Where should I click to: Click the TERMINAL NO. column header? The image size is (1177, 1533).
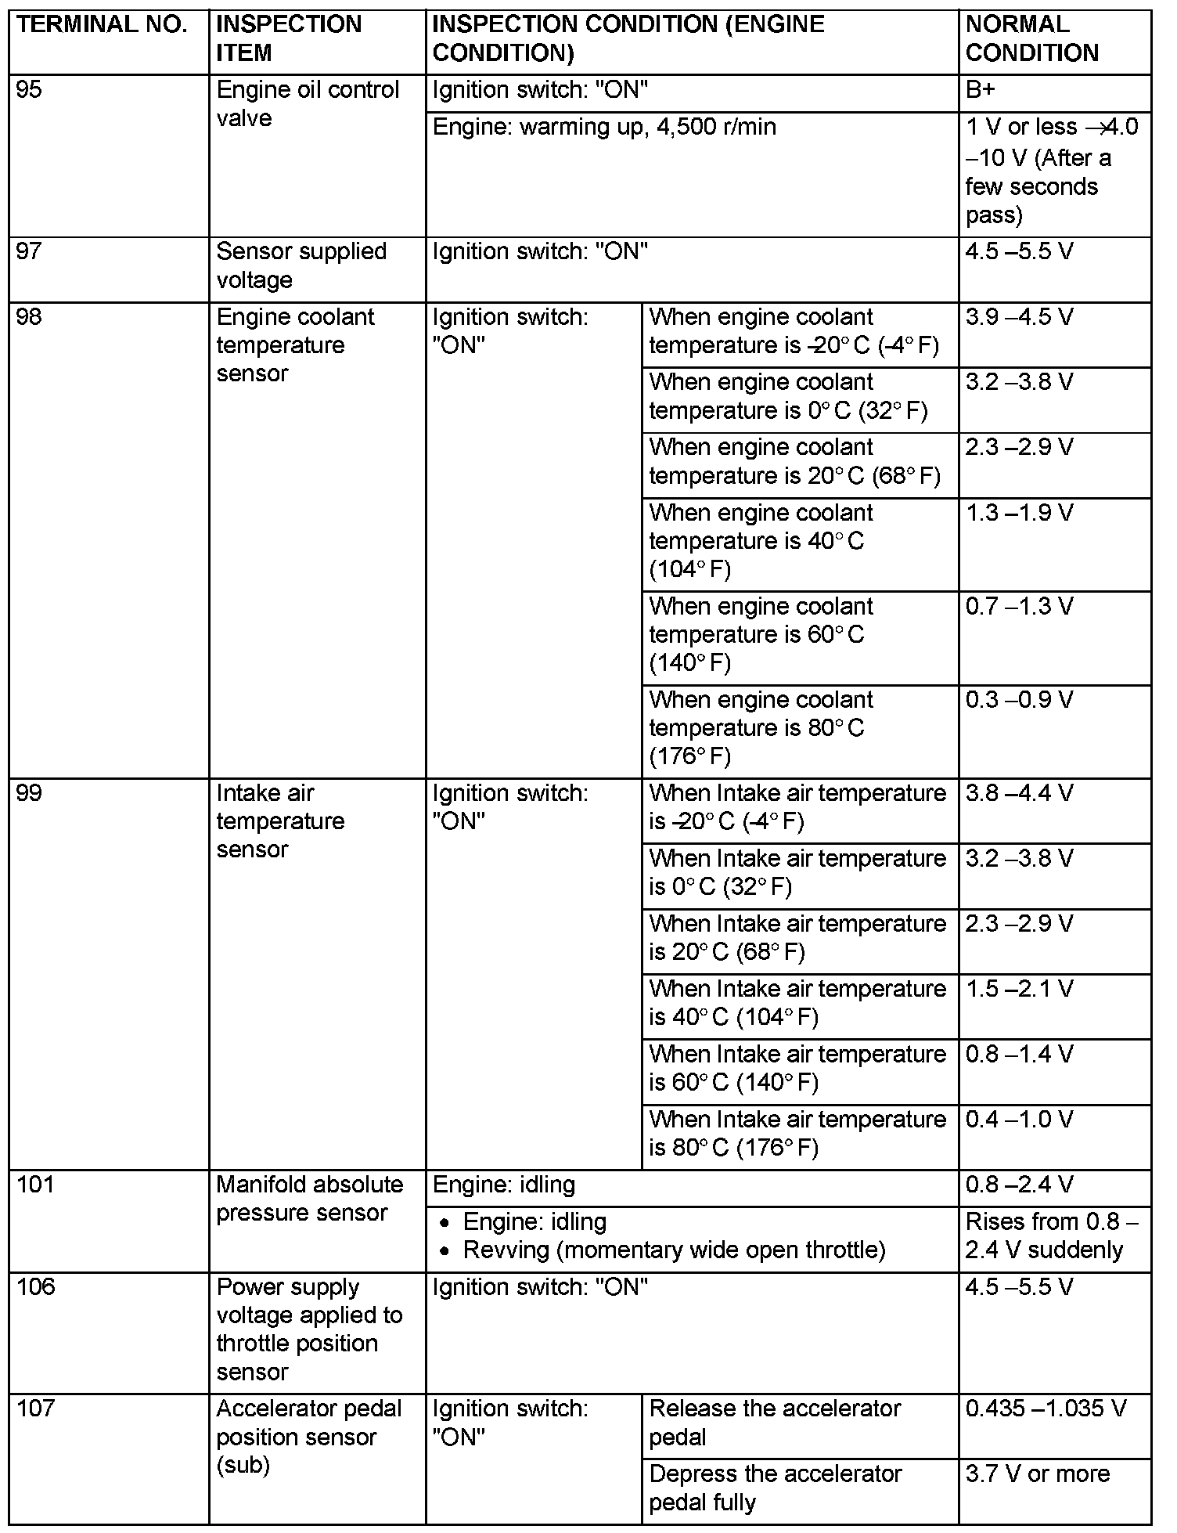(102, 25)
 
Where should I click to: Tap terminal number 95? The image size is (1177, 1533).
(30, 90)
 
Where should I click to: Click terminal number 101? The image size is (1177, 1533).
(36, 1184)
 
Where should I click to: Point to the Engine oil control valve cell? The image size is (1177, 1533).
(308, 104)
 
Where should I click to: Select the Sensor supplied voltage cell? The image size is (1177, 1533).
(301, 265)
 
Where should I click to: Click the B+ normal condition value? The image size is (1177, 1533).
(981, 90)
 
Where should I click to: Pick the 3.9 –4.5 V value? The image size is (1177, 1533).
(1019, 317)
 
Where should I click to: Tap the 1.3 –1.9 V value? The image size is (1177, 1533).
(1019, 513)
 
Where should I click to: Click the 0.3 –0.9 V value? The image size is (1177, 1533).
(1019, 700)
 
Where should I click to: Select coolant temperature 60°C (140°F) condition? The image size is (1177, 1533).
(761, 635)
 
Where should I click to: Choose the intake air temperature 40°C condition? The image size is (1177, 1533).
(797, 1003)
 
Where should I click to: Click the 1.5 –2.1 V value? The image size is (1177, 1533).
(1019, 989)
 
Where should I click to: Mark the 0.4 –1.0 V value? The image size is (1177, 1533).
(1019, 1120)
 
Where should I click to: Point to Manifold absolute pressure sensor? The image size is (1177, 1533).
(310, 1199)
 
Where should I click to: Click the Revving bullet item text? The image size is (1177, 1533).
(674, 1250)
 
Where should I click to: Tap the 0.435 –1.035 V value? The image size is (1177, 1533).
(1046, 1409)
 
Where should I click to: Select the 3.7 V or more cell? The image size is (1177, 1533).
(1037, 1473)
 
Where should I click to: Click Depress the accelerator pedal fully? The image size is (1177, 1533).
(775, 1488)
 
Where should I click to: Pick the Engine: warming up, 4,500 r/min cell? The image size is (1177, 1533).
(604, 127)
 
